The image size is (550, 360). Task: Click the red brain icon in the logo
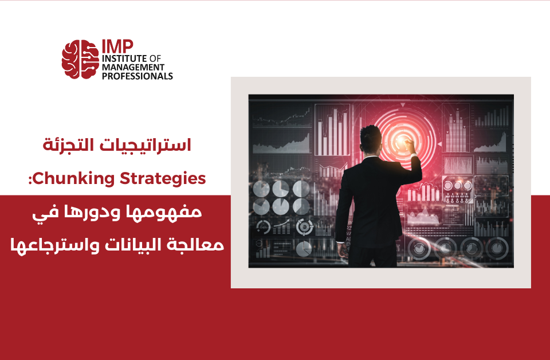tap(80, 59)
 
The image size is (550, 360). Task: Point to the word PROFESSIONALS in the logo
tap(137, 76)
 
